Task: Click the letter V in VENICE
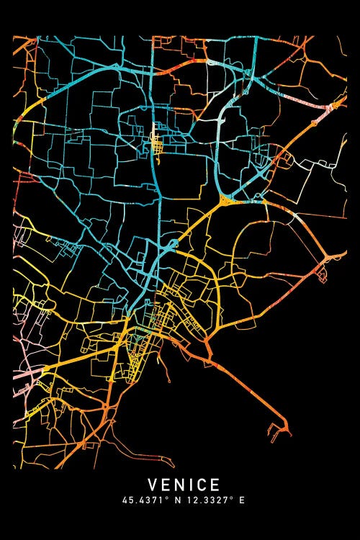153,485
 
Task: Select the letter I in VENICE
191,485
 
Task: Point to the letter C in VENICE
202,485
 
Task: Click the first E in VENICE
166,485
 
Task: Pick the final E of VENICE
215,485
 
